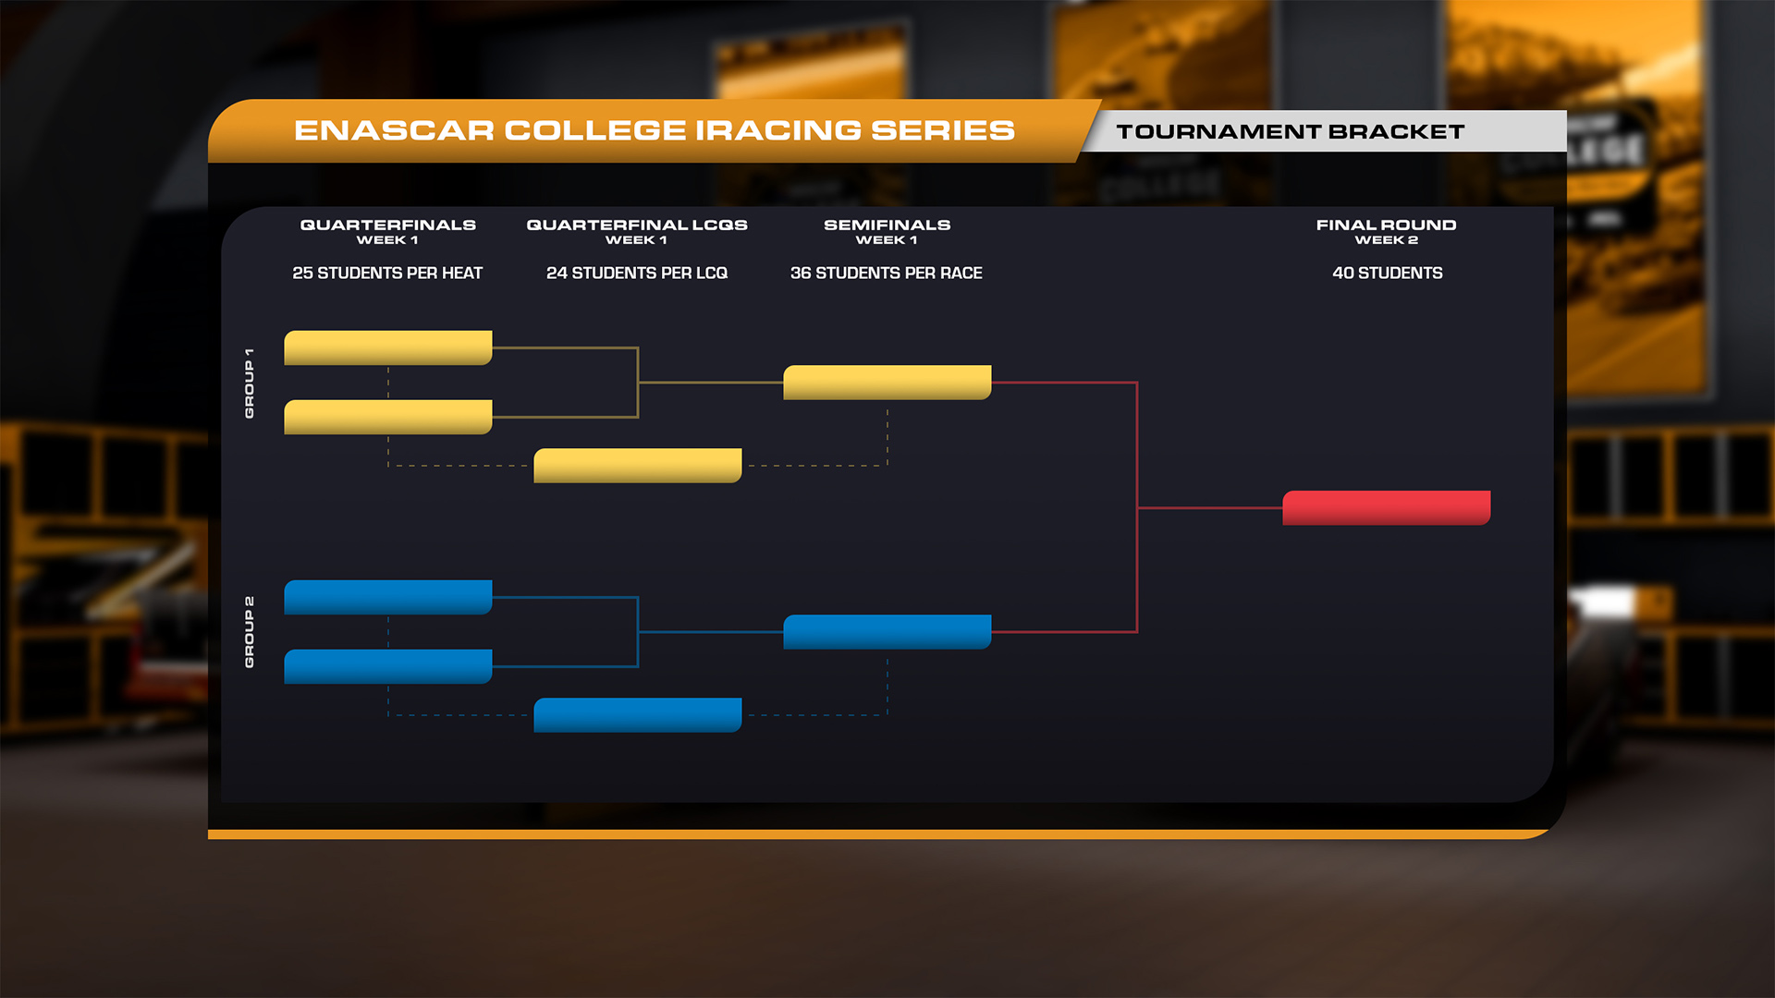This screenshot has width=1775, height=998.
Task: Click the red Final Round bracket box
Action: (x=1387, y=508)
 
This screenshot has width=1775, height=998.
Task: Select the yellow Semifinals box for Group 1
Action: (x=887, y=383)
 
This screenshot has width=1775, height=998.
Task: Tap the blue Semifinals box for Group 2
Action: (x=887, y=632)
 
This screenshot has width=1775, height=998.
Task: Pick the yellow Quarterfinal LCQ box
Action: (x=638, y=466)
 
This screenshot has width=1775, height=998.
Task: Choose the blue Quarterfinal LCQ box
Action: (x=638, y=715)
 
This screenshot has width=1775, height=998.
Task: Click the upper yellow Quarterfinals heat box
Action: (x=388, y=347)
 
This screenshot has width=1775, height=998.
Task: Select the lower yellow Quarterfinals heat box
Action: (x=388, y=417)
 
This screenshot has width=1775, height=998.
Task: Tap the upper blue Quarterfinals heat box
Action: (x=388, y=597)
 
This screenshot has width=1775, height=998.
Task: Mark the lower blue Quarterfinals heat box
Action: (x=388, y=666)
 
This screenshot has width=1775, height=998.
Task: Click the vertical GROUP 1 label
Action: (x=249, y=383)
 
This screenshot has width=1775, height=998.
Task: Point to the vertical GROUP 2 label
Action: (x=249, y=632)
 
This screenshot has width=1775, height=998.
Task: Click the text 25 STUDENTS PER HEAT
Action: (x=387, y=273)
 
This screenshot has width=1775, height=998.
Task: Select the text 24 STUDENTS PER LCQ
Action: (x=637, y=273)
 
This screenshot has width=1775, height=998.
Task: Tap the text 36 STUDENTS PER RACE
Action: (x=887, y=273)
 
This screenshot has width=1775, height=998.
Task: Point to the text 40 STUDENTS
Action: (x=1388, y=273)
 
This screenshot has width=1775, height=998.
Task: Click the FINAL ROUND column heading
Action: (x=1387, y=225)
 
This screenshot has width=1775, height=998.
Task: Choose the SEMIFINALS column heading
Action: (x=887, y=225)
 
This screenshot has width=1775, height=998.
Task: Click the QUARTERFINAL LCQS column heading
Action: (x=637, y=225)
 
